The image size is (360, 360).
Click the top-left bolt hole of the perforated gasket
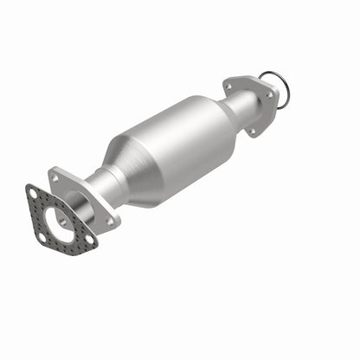coord(33,192)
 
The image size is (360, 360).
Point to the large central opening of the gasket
coord(59,221)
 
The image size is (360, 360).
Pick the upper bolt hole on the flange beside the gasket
coord(55,177)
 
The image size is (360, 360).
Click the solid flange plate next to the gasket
coord(83,200)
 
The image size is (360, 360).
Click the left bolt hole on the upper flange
coord(228,87)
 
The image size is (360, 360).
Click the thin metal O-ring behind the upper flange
coord(283,87)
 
